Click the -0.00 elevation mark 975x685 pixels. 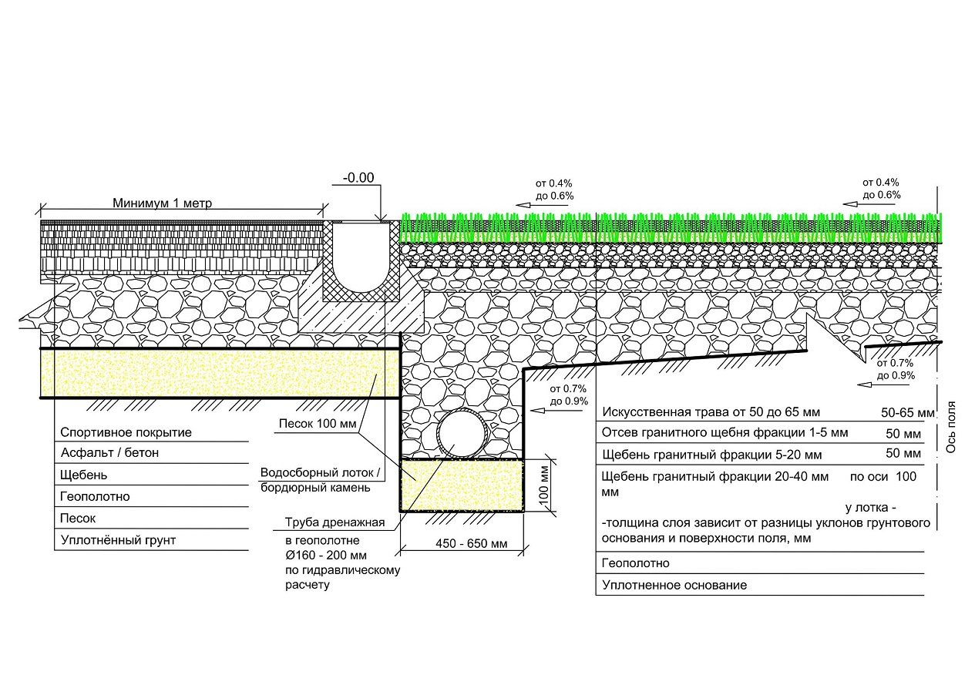pyautogui.click(x=358, y=177)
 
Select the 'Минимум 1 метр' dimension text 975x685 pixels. pyautogui.click(x=163, y=203)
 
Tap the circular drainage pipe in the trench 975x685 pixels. pyautogui.click(x=463, y=434)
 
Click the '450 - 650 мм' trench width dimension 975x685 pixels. pyautogui.click(x=472, y=543)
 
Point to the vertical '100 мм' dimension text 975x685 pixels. pyautogui.click(x=544, y=485)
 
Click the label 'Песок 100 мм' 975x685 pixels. pyautogui.click(x=318, y=424)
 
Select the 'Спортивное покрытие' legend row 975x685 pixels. pyautogui.click(x=126, y=432)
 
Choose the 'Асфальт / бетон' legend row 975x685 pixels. pyautogui.click(x=109, y=452)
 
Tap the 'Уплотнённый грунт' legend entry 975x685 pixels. pyautogui.click(x=118, y=540)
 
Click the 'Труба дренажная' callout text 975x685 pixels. pyautogui.click(x=335, y=522)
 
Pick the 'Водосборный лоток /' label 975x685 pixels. pyautogui.click(x=321, y=472)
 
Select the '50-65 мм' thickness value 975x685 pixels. pyautogui.click(x=907, y=412)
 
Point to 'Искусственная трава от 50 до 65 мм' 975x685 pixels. pyautogui.click(x=711, y=411)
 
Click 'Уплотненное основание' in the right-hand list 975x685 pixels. pyautogui.click(x=674, y=586)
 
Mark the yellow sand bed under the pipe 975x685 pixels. pyautogui.click(x=462, y=485)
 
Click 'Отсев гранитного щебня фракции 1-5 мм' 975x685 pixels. pyautogui.click(x=725, y=432)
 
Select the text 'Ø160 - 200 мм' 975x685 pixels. pyautogui.click(x=326, y=556)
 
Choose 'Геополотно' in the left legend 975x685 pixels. pyautogui.click(x=95, y=496)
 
